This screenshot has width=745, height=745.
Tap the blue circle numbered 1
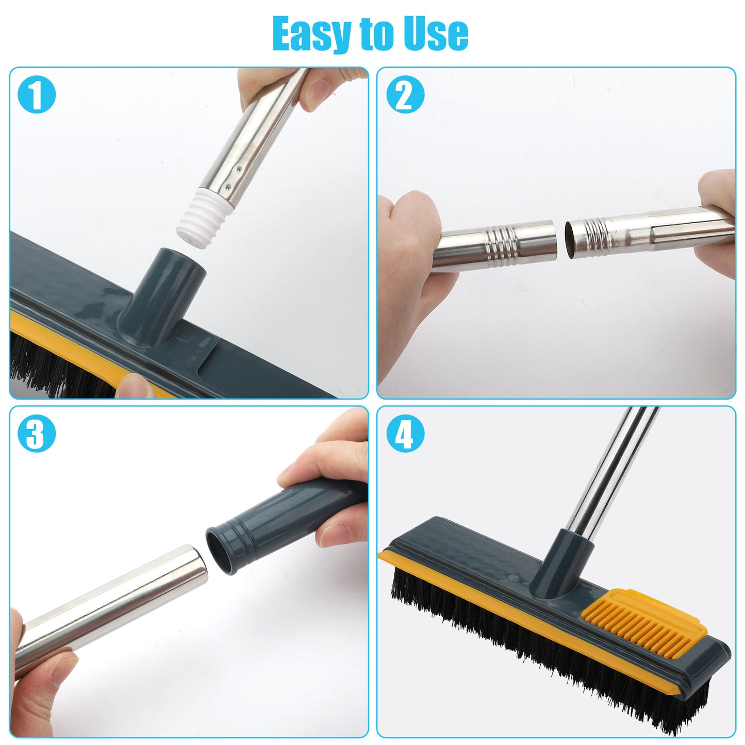pyautogui.click(x=36, y=94)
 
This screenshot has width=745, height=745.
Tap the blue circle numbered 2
pyautogui.click(x=405, y=94)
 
